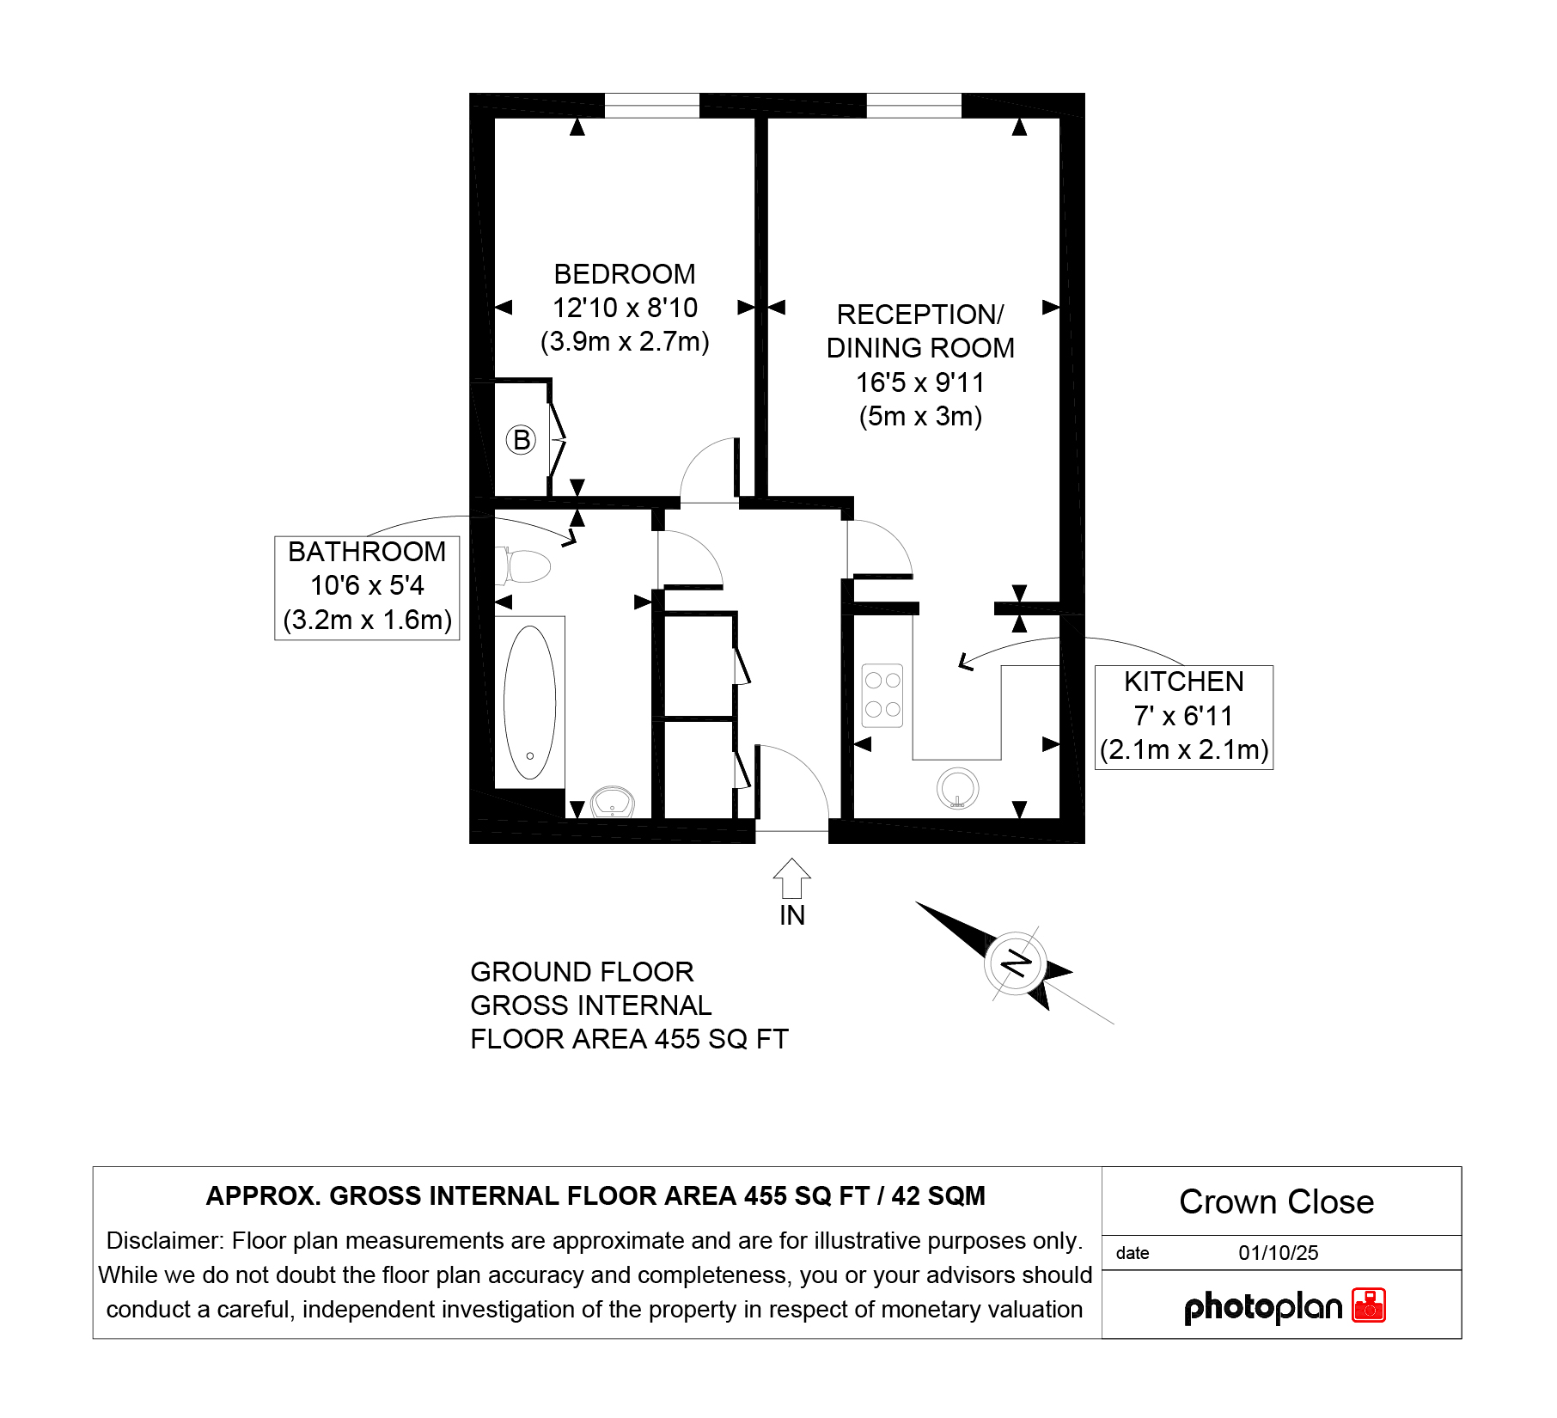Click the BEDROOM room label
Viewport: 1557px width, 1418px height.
point(625,274)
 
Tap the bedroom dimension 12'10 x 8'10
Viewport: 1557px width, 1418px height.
point(625,308)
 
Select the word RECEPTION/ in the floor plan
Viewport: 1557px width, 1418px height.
point(920,315)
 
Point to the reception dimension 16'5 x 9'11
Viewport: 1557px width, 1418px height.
point(920,382)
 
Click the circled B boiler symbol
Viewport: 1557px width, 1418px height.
point(521,440)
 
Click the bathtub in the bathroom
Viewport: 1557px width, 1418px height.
point(530,702)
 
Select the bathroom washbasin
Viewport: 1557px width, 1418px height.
point(613,802)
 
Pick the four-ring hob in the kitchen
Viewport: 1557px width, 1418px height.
point(882,695)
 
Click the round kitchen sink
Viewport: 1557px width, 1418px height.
point(957,788)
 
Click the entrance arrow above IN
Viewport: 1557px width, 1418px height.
point(791,878)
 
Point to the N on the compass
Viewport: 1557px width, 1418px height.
point(1017,963)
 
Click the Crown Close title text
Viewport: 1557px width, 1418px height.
point(1276,1201)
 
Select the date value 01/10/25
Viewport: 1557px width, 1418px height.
point(1278,1253)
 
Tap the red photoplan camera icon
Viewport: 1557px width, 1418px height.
point(1369,1305)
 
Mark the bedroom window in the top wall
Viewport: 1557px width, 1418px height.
point(652,106)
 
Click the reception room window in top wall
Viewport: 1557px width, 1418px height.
point(914,106)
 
